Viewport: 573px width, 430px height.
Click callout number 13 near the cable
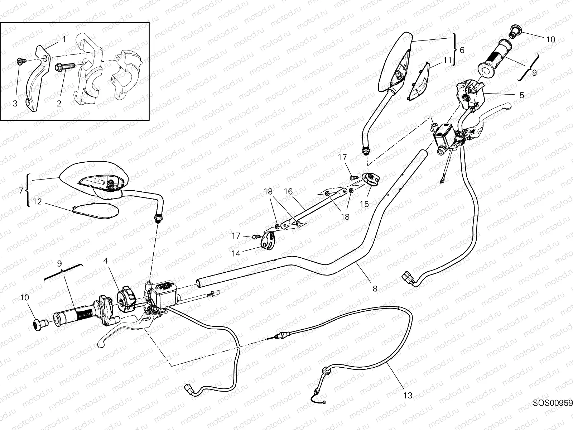[408, 396]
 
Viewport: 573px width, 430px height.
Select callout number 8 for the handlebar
[375, 288]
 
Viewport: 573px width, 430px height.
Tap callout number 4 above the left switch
[105, 261]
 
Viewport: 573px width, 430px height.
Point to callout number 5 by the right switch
[521, 95]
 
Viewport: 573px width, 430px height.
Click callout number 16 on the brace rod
[288, 192]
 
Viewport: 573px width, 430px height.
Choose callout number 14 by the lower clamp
[236, 253]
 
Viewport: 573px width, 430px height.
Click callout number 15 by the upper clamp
[364, 204]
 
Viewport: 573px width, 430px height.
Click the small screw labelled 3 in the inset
[20, 62]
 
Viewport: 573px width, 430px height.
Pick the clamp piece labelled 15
[369, 178]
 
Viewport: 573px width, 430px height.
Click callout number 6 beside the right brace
[462, 50]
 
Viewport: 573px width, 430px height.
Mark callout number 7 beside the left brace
[21, 191]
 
